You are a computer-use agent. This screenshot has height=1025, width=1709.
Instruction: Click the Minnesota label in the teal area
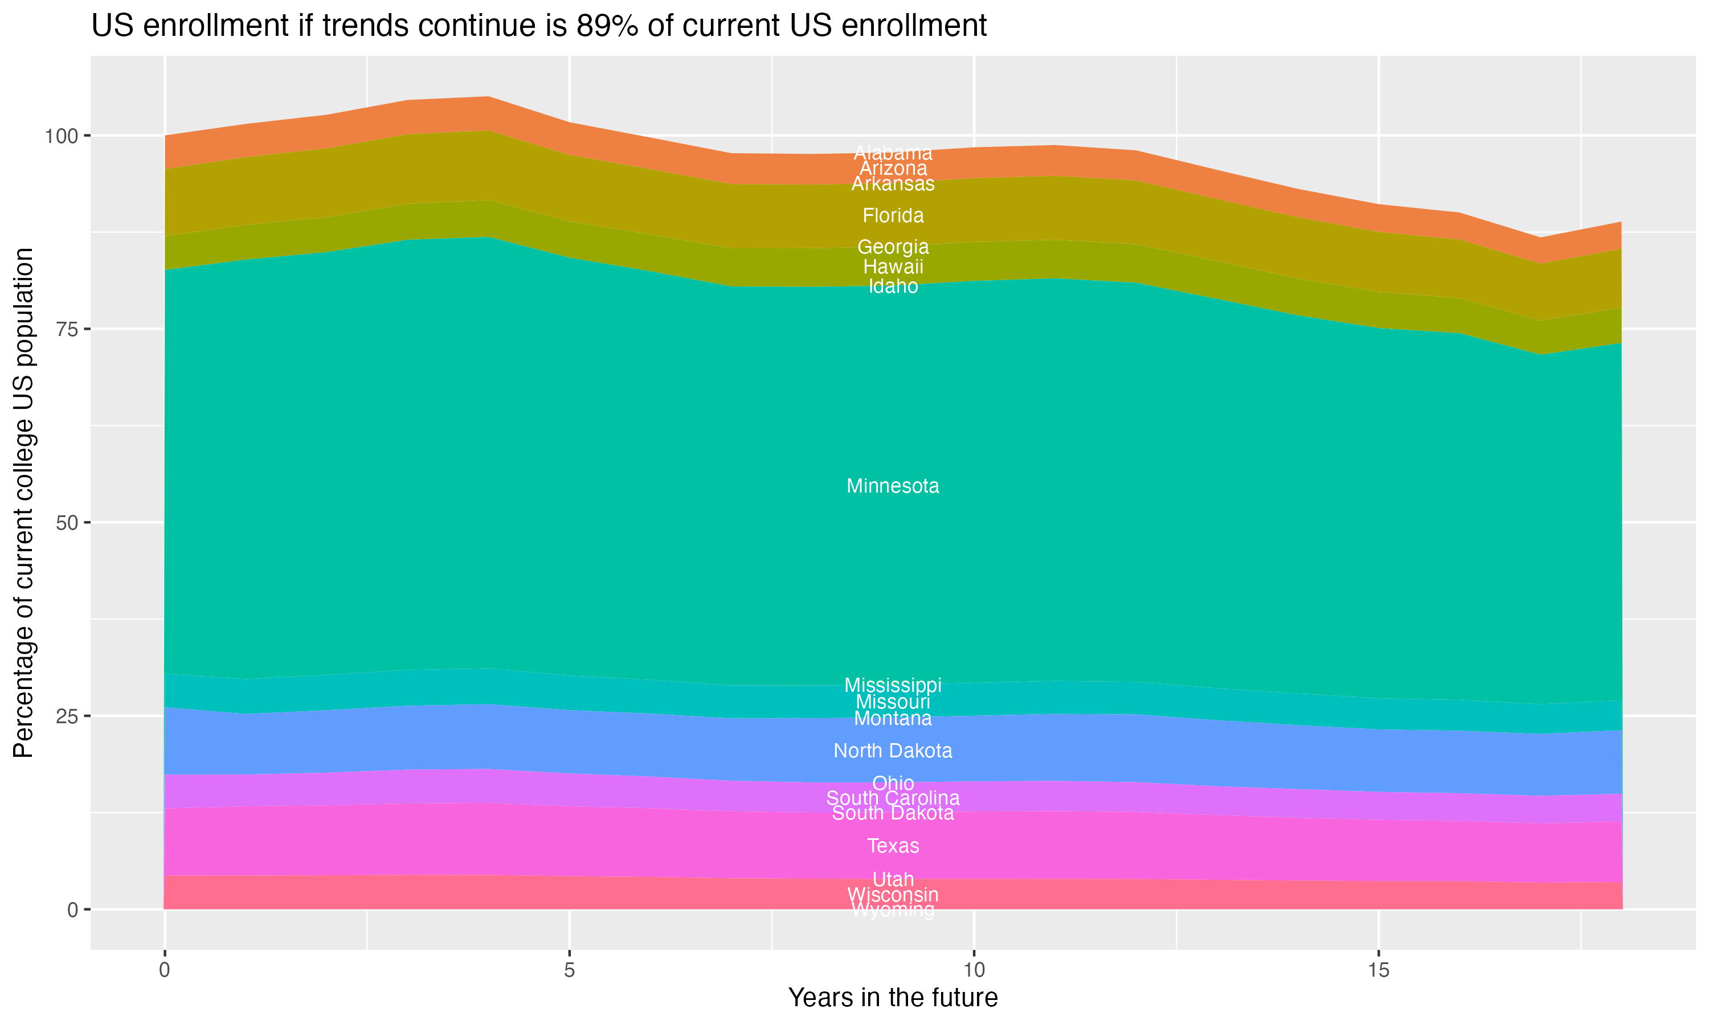pyautogui.click(x=893, y=486)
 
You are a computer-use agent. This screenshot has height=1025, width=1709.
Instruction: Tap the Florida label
pyautogui.click(x=893, y=215)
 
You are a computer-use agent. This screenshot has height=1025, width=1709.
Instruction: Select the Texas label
pyautogui.click(x=893, y=846)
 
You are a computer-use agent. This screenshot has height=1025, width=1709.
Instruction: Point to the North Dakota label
pyautogui.click(x=893, y=751)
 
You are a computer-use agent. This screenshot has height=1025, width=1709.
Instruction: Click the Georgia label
pyautogui.click(x=893, y=247)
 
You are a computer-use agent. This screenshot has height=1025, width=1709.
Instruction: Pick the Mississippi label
pyautogui.click(x=893, y=685)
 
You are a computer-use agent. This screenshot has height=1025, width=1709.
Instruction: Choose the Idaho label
pyautogui.click(x=893, y=286)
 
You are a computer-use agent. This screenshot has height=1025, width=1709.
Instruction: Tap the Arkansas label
pyautogui.click(x=893, y=184)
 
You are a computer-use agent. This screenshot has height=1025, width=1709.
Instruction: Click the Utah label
pyautogui.click(x=893, y=879)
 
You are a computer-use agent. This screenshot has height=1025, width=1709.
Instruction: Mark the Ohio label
pyautogui.click(x=893, y=783)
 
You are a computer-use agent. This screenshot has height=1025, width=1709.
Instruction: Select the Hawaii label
pyautogui.click(x=893, y=266)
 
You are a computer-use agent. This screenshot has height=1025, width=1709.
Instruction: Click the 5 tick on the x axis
pyautogui.click(x=569, y=970)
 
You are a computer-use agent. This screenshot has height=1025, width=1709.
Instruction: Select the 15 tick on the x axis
pyautogui.click(x=1378, y=970)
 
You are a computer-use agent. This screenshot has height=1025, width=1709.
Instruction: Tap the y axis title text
pyautogui.click(x=23, y=503)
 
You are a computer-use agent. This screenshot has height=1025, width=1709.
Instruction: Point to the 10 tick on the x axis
pyautogui.click(x=974, y=970)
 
